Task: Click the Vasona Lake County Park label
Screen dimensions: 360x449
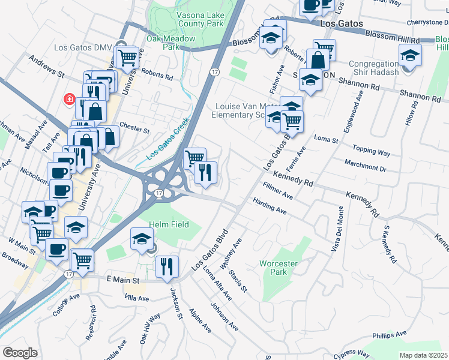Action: pos(199,19)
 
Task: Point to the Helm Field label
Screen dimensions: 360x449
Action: pos(169,224)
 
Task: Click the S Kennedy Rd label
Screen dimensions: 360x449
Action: pos(391,245)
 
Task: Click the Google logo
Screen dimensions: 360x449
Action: pos(20,353)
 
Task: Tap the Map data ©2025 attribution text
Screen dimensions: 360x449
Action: pos(423,355)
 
